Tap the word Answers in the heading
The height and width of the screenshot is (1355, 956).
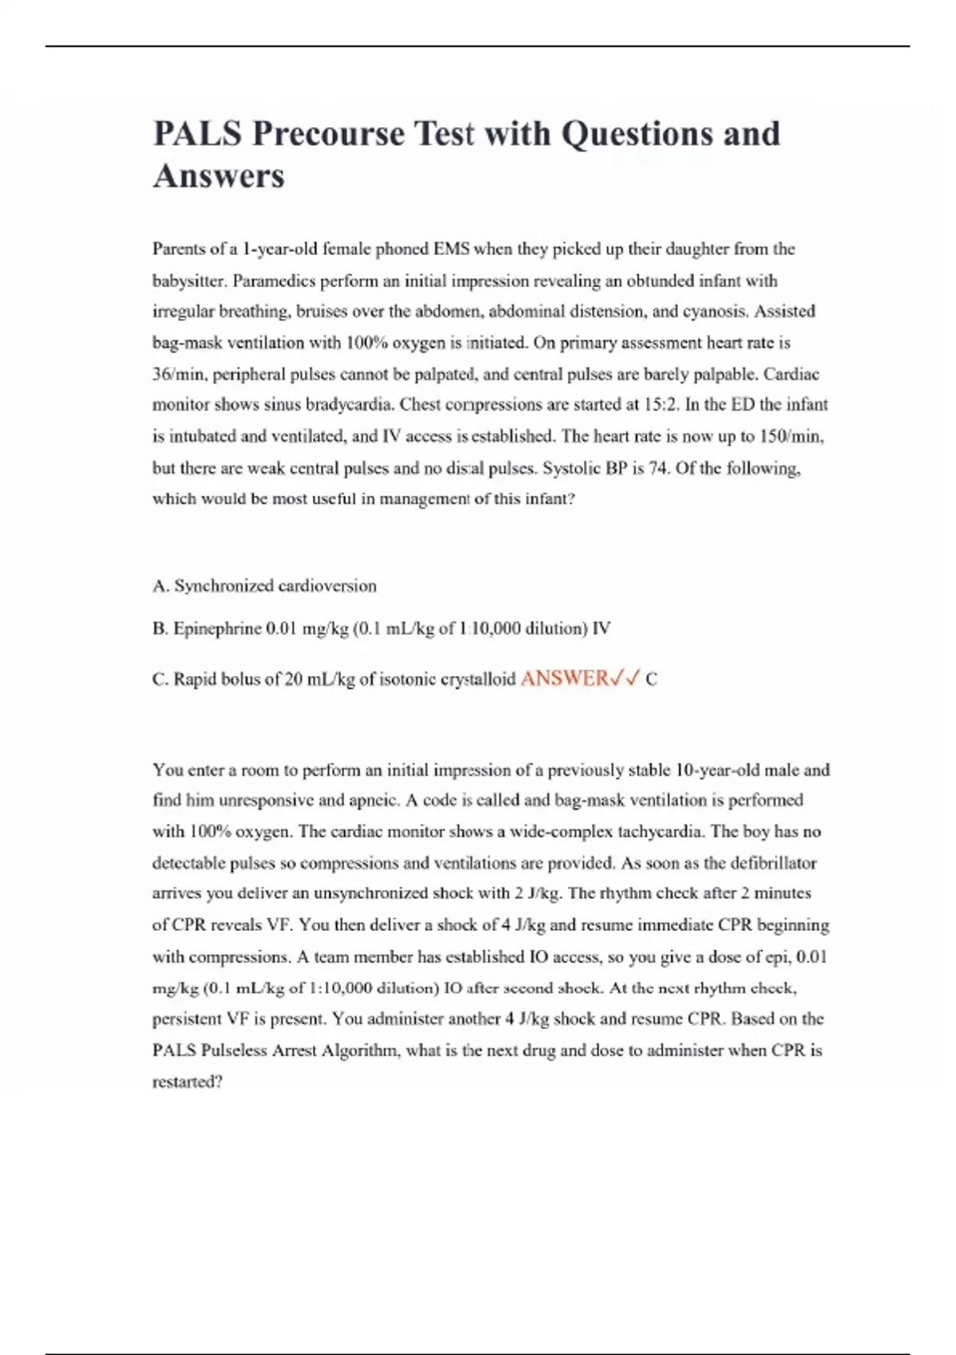(x=218, y=176)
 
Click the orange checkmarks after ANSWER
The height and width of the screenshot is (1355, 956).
(x=624, y=678)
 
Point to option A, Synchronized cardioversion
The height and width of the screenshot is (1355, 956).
(x=264, y=586)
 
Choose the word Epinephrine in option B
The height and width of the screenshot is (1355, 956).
(x=217, y=629)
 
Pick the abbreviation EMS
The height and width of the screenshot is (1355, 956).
(x=451, y=249)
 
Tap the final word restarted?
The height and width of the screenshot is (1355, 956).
(x=187, y=1082)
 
